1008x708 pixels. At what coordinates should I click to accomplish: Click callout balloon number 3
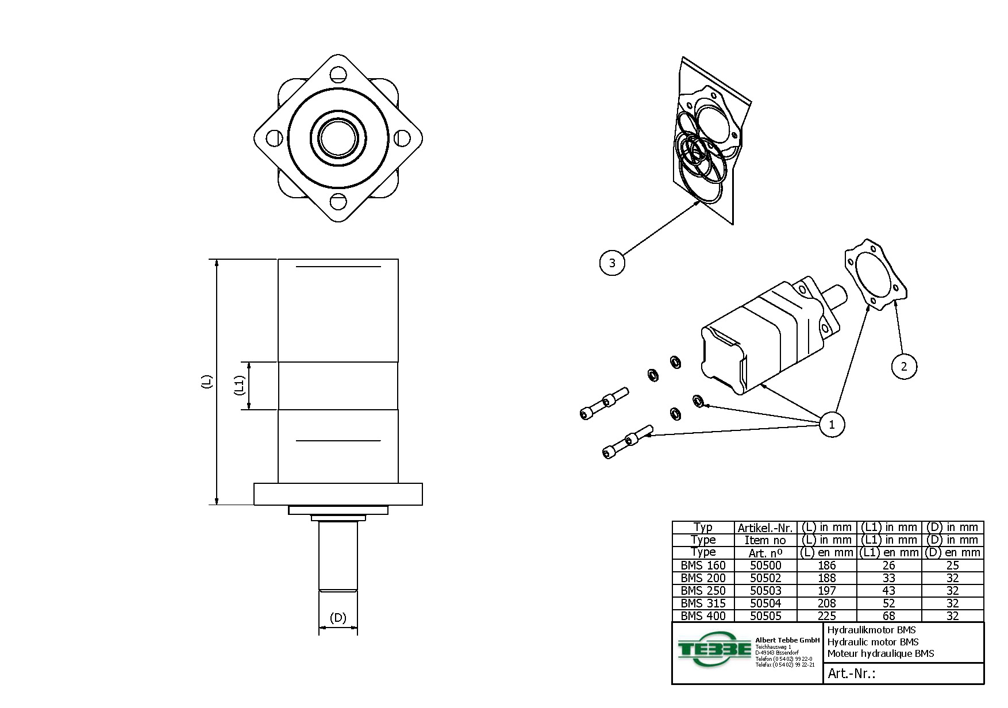point(612,263)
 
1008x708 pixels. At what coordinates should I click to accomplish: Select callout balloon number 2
point(904,367)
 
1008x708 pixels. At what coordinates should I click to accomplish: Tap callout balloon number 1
point(831,425)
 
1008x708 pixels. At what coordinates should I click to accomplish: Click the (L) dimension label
point(207,382)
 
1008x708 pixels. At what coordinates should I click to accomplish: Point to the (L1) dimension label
point(240,385)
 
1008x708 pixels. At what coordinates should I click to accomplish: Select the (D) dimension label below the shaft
point(338,618)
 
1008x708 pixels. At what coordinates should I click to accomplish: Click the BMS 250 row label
point(703,591)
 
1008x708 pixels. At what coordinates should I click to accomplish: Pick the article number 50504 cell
point(765,603)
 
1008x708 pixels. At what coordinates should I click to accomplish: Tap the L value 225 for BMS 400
point(826,616)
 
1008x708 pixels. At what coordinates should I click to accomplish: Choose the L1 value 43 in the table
point(888,591)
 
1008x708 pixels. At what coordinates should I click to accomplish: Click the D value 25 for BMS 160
point(952,565)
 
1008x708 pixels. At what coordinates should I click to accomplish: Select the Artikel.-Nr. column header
point(765,528)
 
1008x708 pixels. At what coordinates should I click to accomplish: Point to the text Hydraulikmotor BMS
point(871,630)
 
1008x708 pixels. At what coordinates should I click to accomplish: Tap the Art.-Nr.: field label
point(851,674)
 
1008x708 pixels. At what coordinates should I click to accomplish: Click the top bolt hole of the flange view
point(338,74)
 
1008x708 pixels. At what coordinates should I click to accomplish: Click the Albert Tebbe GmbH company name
point(787,640)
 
